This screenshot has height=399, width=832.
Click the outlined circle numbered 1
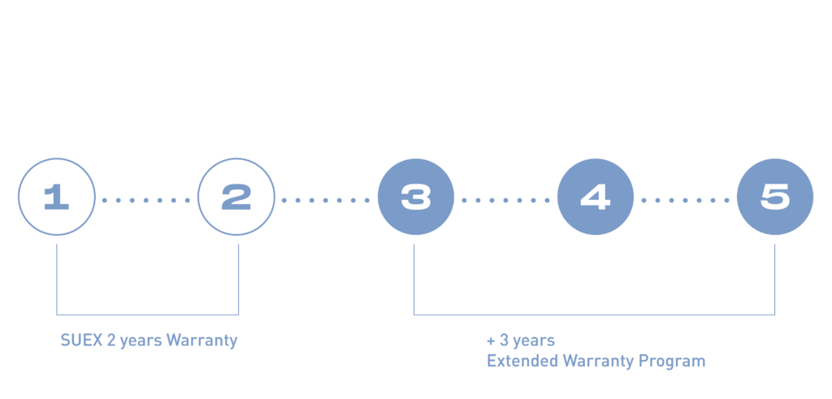click(56, 197)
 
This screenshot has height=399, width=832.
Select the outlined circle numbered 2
click(236, 197)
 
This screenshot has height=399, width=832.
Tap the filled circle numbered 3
click(416, 197)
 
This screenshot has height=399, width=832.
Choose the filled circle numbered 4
click(595, 197)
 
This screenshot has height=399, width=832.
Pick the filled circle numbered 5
click(774, 197)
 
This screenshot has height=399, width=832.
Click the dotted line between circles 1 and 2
click(146, 199)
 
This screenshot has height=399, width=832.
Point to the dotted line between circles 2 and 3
click(326, 199)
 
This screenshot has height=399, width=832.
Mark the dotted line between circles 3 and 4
click(505, 199)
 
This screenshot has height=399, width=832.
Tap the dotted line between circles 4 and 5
click(685, 199)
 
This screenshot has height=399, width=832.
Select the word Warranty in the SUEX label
click(201, 341)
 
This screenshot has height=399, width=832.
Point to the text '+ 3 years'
click(520, 340)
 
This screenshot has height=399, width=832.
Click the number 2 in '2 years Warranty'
click(110, 341)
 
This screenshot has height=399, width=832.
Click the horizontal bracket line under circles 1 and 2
click(147, 314)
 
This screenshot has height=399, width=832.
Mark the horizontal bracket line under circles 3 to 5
click(594, 314)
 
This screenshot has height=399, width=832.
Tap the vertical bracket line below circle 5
click(774, 276)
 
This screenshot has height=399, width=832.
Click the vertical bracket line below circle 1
click(56, 276)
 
